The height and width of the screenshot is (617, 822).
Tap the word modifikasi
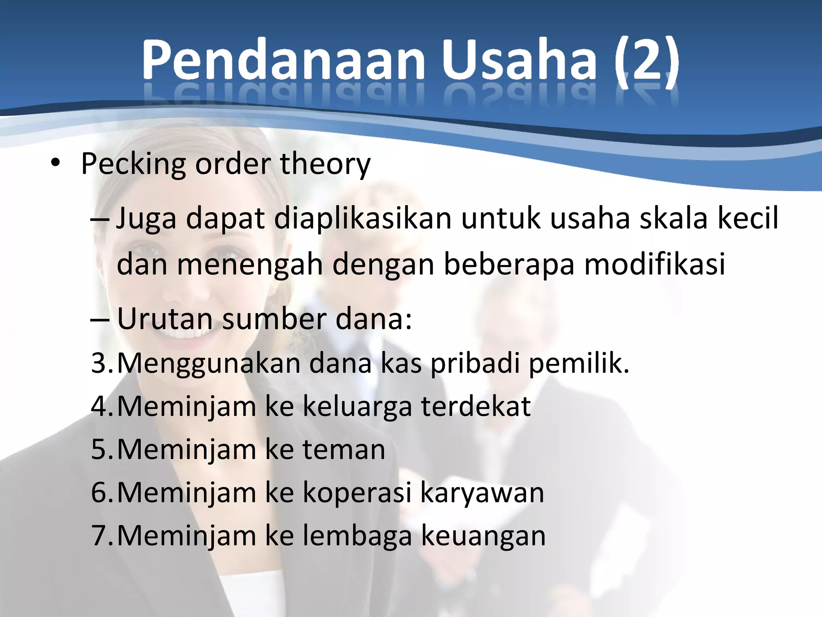point(654,264)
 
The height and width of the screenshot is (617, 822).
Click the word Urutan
point(165,319)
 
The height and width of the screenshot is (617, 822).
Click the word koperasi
point(357,492)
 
